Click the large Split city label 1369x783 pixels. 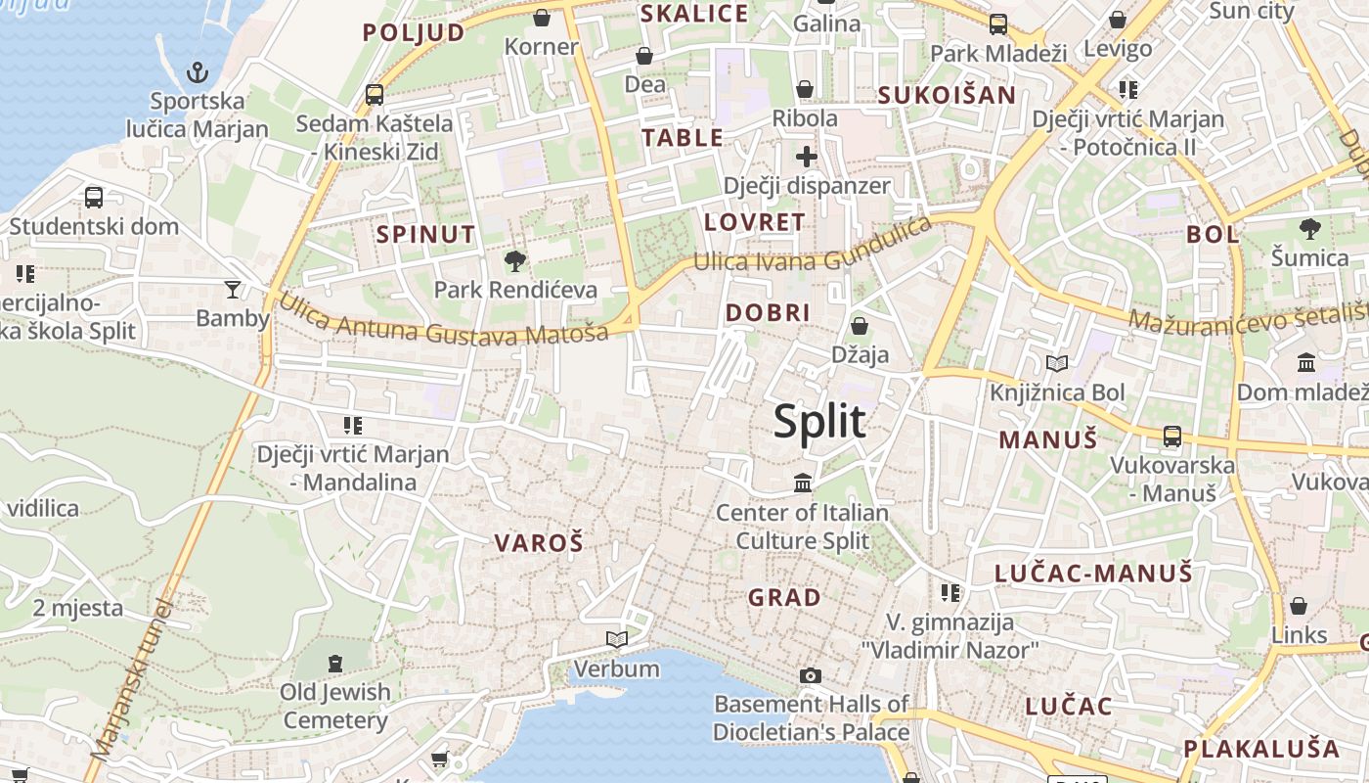[x=819, y=422]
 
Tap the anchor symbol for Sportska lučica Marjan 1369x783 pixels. [x=198, y=72]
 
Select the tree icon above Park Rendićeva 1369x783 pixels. [x=515, y=260]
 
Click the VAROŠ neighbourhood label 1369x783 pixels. [x=538, y=543]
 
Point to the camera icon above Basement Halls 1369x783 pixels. [x=811, y=675]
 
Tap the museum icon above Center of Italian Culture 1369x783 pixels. [x=803, y=483]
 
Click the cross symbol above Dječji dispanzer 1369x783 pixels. [x=807, y=157]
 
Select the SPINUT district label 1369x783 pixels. [x=426, y=235]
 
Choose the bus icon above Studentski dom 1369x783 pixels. [x=94, y=197]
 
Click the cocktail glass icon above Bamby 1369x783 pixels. [x=232, y=289]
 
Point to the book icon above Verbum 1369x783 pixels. [x=616, y=640]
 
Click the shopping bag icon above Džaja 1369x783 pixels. [x=860, y=325]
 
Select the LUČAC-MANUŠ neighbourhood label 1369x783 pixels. [x=1093, y=574]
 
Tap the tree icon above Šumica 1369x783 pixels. [x=1309, y=229]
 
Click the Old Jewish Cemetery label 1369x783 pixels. [x=335, y=706]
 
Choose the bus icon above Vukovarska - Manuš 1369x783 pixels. [x=1171, y=437]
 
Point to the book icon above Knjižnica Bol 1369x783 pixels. [x=1057, y=364]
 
